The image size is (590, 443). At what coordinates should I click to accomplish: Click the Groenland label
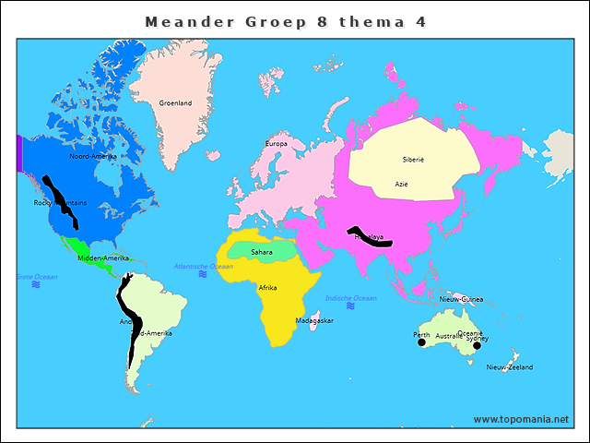click(175, 103)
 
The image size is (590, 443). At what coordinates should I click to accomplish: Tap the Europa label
click(277, 144)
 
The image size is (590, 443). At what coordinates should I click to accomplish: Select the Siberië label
click(413, 160)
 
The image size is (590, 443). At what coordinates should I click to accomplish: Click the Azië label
click(401, 185)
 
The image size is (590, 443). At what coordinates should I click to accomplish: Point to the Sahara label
click(262, 252)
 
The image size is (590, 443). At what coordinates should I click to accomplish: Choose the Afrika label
click(267, 288)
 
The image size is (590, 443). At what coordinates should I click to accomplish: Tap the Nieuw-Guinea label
click(461, 300)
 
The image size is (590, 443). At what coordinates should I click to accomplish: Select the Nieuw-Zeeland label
click(510, 367)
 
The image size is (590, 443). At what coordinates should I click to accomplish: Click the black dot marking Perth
click(421, 342)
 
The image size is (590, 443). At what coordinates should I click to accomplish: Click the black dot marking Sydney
click(477, 346)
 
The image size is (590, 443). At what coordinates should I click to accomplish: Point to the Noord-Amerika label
click(93, 157)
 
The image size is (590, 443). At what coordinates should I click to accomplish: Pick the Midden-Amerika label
click(103, 258)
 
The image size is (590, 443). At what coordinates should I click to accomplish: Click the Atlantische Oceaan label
click(204, 266)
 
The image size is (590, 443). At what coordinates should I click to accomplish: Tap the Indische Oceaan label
click(351, 298)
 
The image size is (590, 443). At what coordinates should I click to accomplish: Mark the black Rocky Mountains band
click(63, 206)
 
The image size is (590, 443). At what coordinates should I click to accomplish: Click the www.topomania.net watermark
click(521, 419)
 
